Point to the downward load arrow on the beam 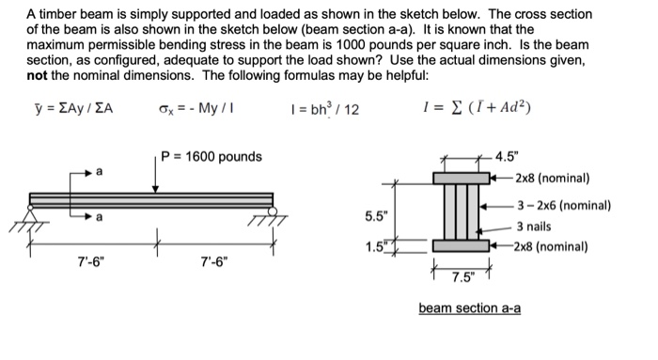point(156,175)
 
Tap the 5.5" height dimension point(374,216)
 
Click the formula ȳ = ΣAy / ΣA point(70,107)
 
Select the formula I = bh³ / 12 point(322,108)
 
